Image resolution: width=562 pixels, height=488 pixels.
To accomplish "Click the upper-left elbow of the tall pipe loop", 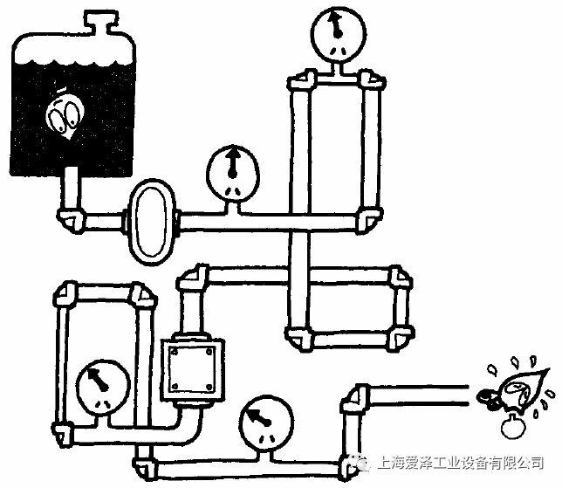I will point(302,84).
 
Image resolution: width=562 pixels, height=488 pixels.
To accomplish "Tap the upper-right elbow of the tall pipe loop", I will point(372,84).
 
